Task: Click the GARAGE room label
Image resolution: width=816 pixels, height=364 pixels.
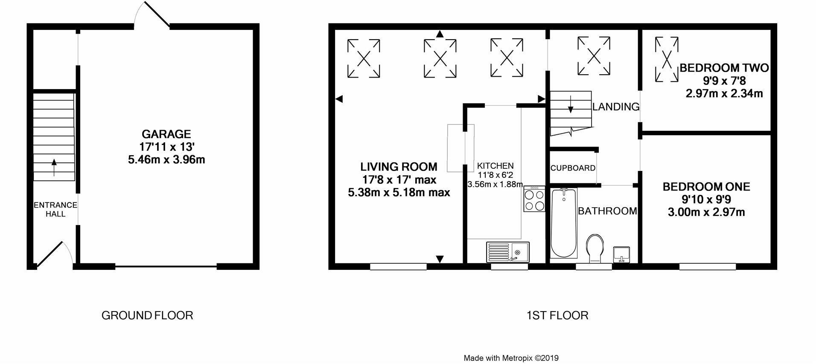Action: pyautogui.click(x=166, y=134)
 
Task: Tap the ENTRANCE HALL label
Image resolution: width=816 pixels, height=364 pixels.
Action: pyautogui.click(x=55, y=209)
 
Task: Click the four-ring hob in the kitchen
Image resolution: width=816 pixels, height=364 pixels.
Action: pyautogui.click(x=534, y=199)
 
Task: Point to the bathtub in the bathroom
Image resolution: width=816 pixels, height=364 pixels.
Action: pyautogui.click(x=563, y=224)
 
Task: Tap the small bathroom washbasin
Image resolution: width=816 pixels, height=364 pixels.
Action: pyautogui.click(x=621, y=254)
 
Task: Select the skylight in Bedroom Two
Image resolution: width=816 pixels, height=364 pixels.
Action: pyautogui.click(x=666, y=59)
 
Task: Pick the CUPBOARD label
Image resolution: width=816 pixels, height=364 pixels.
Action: pyautogui.click(x=573, y=168)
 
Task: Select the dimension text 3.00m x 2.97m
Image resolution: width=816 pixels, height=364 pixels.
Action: pyautogui.click(x=706, y=212)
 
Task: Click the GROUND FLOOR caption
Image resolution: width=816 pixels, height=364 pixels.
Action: pyautogui.click(x=147, y=315)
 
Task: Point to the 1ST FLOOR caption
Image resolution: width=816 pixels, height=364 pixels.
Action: pyautogui.click(x=557, y=315)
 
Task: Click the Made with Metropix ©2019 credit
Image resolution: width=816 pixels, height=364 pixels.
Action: pyautogui.click(x=511, y=358)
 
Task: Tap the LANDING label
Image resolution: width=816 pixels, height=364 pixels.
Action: pyautogui.click(x=615, y=107)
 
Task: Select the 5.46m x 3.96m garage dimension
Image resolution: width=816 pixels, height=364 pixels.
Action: pyautogui.click(x=166, y=160)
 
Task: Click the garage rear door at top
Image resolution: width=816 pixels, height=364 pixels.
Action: pyautogui.click(x=157, y=15)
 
